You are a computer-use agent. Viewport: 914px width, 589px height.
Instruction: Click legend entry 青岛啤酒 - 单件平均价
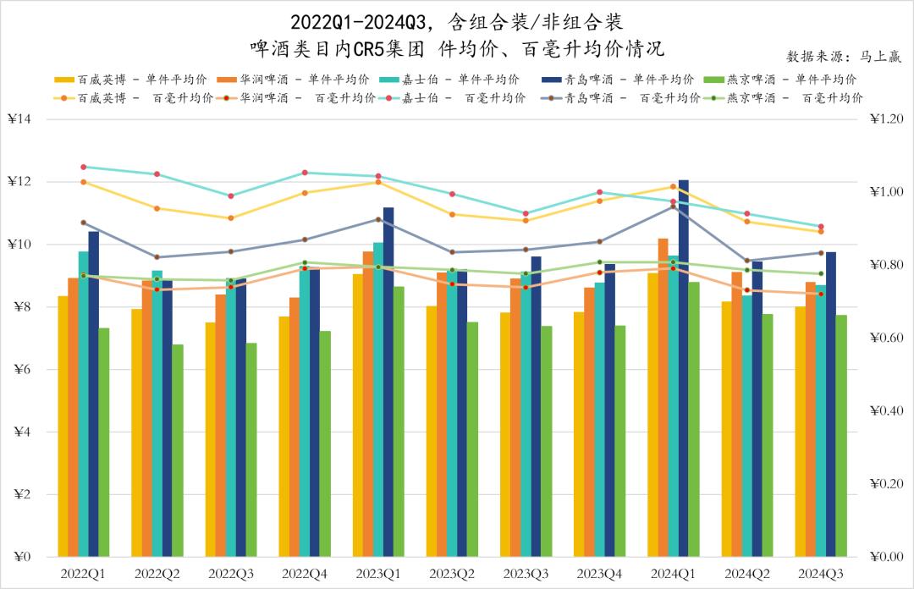(618, 80)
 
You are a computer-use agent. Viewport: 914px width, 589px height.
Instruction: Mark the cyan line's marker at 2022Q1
(83, 167)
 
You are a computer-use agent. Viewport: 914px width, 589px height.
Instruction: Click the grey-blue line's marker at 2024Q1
(673, 206)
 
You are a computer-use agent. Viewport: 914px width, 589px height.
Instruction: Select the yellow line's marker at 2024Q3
(820, 231)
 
